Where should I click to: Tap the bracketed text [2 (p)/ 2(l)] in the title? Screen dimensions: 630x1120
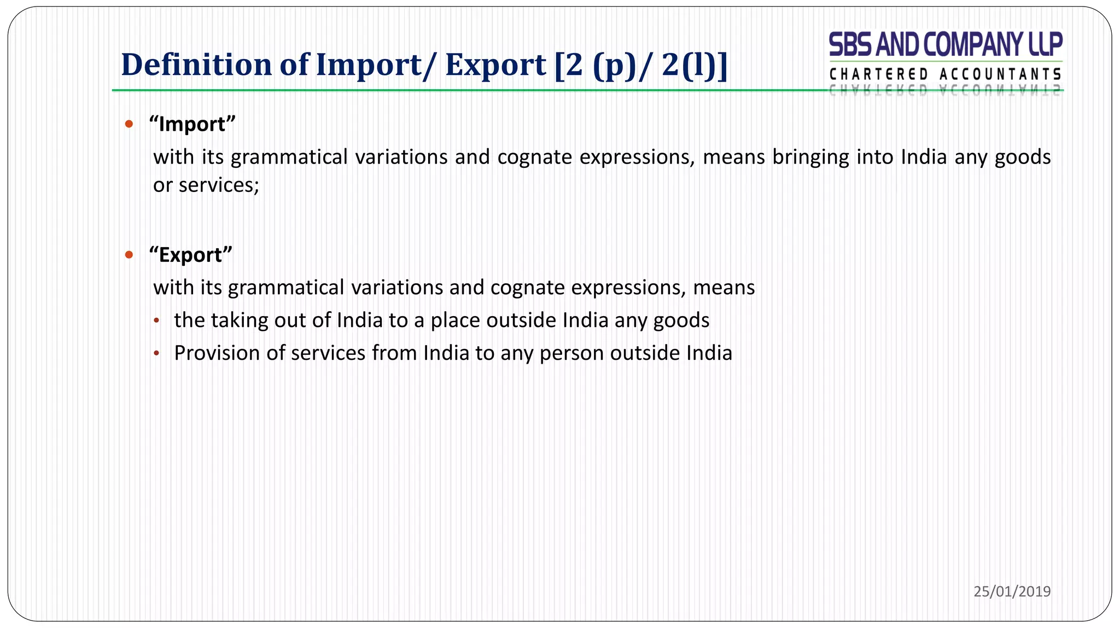(640, 65)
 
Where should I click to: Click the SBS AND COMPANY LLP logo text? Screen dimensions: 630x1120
(946, 44)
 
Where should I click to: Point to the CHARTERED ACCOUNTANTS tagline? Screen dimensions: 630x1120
(946, 74)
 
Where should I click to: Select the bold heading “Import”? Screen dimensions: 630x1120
(192, 124)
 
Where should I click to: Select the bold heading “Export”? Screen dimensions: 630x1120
(190, 255)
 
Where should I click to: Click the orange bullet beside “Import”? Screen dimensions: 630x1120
(129, 124)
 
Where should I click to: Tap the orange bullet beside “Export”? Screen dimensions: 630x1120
(129, 255)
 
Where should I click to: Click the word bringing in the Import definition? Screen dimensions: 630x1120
(810, 157)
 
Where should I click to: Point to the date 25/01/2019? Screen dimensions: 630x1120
(1012, 591)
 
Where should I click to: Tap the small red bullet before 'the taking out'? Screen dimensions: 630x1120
(157, 321)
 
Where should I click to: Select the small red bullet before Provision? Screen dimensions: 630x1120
(157, 354)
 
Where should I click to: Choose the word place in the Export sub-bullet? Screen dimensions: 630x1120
(455, 320)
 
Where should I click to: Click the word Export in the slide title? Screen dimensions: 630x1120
(495, 65)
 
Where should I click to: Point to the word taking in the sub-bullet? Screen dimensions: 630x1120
(240, 320)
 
